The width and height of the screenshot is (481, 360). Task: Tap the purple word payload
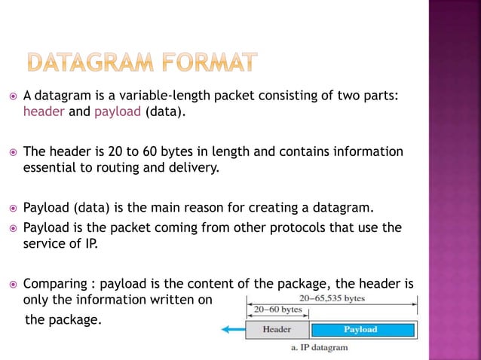point(115,112)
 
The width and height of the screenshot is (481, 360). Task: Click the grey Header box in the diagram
point(277,329)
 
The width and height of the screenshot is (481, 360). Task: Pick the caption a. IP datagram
point(319,347)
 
